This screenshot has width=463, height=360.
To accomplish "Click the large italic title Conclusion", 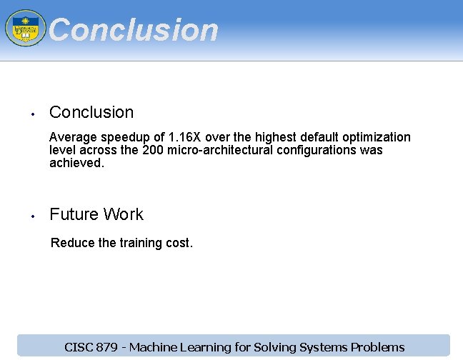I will click(x=134, y=30).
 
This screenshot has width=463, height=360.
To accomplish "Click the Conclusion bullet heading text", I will click(x=91, y=112).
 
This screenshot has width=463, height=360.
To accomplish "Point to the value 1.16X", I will click(x=183, y=137).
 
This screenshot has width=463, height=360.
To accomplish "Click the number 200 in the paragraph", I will click(x=154, y=150).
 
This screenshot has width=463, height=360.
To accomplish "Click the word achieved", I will click(x=76, y=163).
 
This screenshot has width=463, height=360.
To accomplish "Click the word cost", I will click(x=179, y=243).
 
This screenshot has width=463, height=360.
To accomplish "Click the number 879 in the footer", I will click(x=106, y=348).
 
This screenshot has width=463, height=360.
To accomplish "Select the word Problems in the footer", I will click(x=377, y=348).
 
